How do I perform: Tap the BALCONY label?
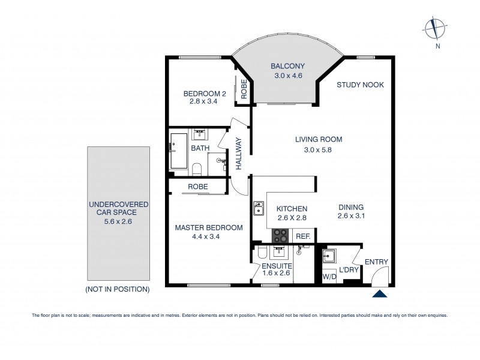point(287,66)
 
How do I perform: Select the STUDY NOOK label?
point(360,85)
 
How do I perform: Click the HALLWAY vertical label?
point(238,154)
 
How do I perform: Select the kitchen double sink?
point(259,208)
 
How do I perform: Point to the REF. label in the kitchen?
point(303,236)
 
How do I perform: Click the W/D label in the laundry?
point(329,277)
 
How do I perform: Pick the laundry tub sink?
point(328,256)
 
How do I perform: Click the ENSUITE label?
point(277,265)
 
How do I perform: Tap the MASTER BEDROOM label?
point(208,228)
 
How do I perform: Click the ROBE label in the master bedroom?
point(198,187)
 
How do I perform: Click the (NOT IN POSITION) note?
point(118,289)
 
